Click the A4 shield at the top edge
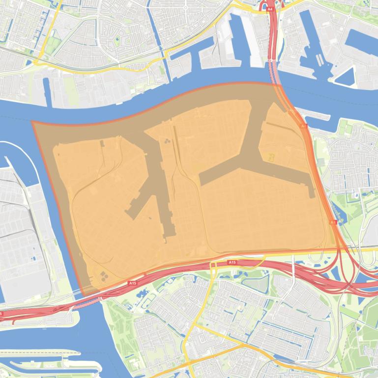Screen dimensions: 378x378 (x=269, y=8)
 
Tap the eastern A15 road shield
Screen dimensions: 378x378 (x=233, y=263)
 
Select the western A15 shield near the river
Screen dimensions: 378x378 (x=132, y=283)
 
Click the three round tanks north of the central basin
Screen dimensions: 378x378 (x=168, y=141)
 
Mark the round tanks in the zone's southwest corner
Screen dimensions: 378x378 (x=104, y=276)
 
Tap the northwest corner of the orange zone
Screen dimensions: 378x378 (x=32, y=122)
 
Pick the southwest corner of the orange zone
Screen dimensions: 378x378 (x=85, y=295)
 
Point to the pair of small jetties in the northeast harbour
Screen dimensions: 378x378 (x=320, y=59)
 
